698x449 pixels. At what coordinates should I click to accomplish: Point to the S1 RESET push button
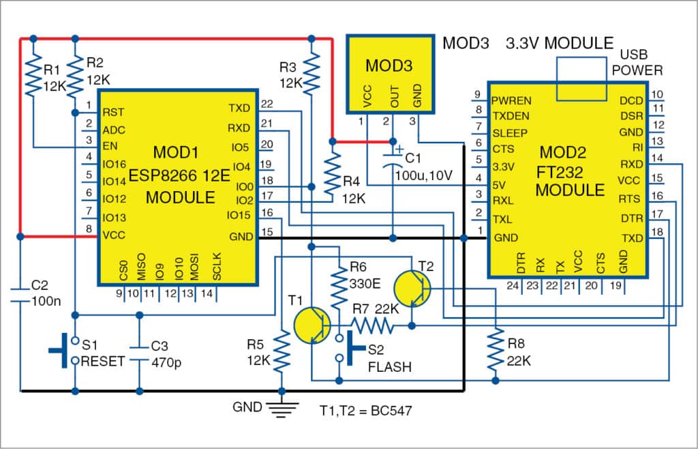coord(68,351)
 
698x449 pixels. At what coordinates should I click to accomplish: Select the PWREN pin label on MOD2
coord(511,100)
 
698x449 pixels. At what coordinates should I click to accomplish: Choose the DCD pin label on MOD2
coord(630,100)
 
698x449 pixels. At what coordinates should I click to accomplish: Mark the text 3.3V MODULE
coord(559,43)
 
